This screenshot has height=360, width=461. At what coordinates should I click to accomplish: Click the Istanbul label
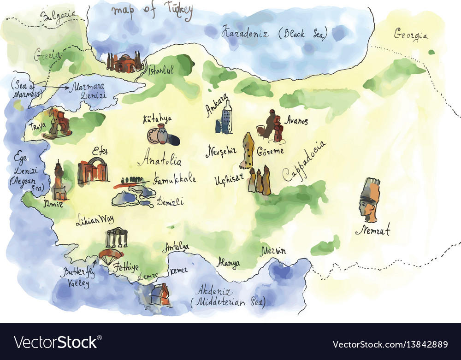click(x=161, y=70)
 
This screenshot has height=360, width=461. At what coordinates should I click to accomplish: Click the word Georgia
click(x=410, y=35)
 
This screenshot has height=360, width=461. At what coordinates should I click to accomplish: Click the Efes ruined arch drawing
click(x=93, y=170)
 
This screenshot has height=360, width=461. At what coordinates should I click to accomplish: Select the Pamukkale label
click(x=175, y=178)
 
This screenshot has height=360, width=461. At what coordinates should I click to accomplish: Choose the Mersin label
click(x=273, y=251)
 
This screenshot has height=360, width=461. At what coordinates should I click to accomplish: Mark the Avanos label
click(x=296, y=121)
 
